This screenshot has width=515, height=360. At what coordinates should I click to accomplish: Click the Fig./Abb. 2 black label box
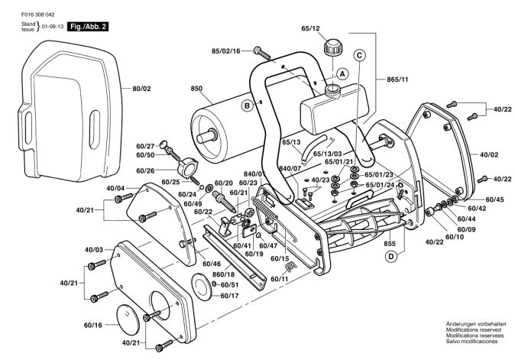(89, 27)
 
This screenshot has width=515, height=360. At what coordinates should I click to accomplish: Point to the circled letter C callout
(359, 54)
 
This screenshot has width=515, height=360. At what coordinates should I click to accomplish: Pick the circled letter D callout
(390, 256)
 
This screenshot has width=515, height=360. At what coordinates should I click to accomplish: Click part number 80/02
(142, 89)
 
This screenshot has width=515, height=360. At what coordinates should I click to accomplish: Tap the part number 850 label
(196, 89)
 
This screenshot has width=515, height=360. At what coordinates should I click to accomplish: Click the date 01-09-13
(52, 27)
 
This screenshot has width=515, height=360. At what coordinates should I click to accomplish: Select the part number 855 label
(390, 242)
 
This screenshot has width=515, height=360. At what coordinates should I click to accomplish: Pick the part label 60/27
(145, 144)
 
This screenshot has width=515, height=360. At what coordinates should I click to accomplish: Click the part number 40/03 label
(94, 250)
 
